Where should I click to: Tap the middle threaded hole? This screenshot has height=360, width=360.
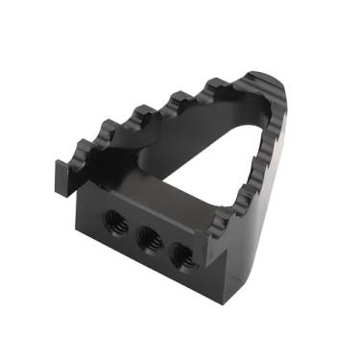click(x=149, y=238)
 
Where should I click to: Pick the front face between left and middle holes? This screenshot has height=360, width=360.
click(x=132, y=231)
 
